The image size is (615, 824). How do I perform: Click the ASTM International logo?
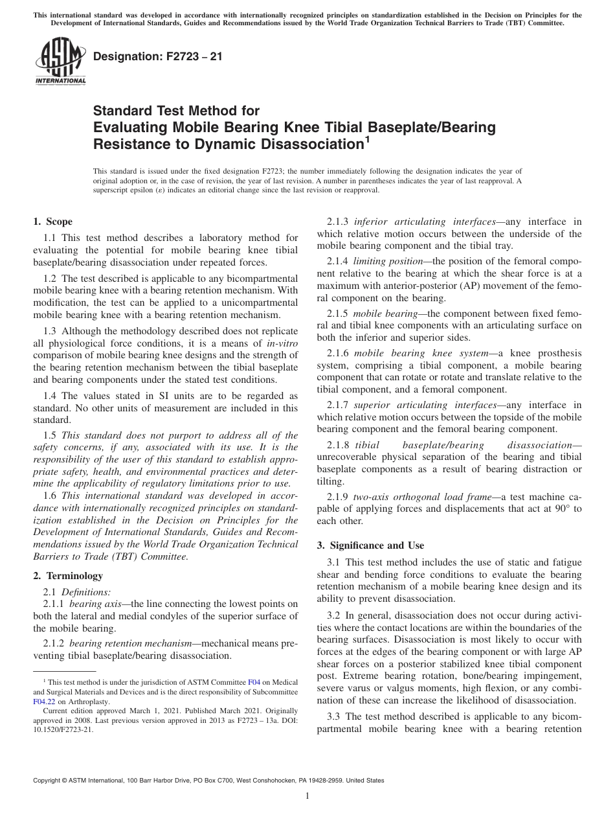click(x=60, y=62)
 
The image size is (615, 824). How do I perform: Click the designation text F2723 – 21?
click(x=158, y=57)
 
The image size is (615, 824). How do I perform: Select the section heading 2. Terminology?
click(x=68, y=575)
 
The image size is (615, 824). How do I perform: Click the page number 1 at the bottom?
click(x=307, y=796)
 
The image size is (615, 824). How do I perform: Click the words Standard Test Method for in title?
click(x=177, y=111)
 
